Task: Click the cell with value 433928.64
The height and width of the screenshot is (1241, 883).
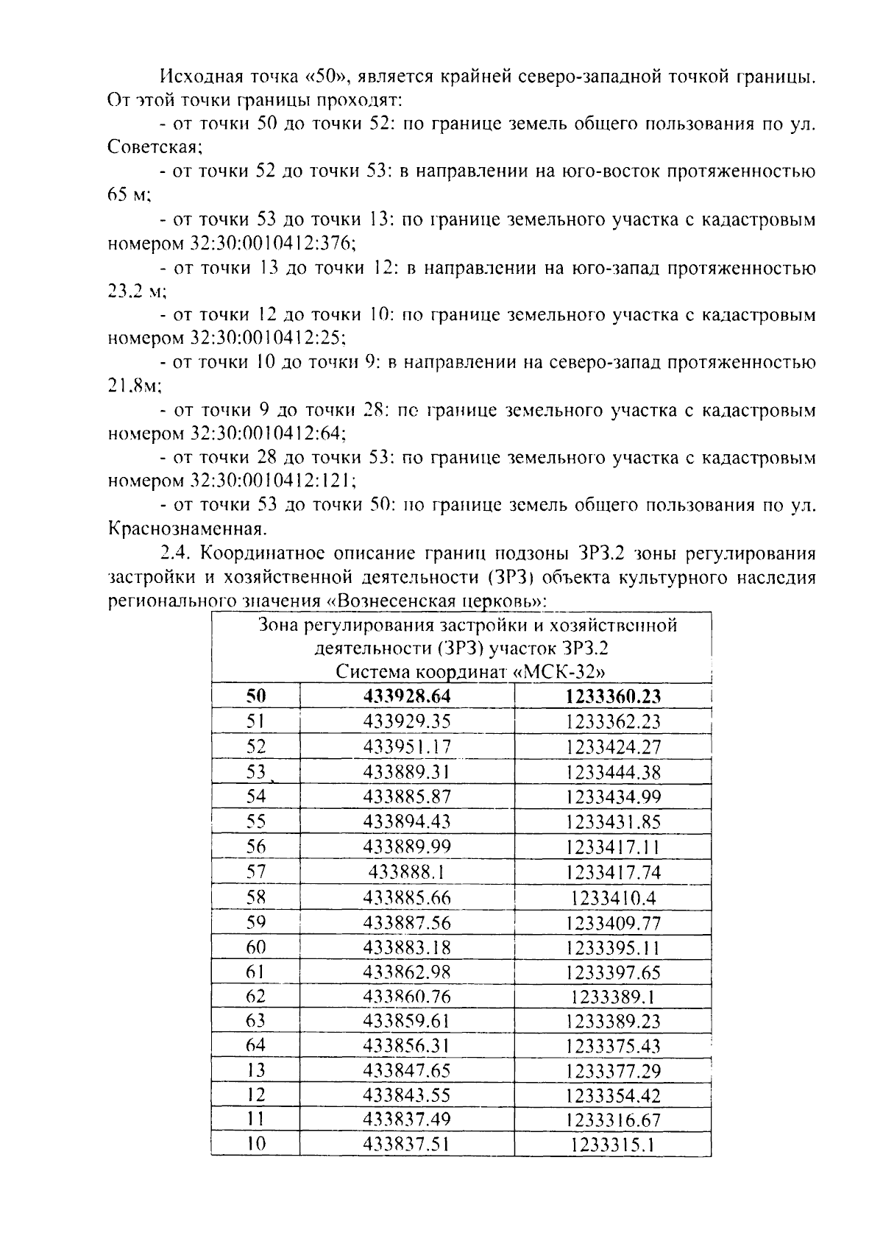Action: pos(407,696)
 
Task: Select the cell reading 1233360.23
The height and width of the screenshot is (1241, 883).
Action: pos(613,696)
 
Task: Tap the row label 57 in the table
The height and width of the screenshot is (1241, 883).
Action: pos(255,872)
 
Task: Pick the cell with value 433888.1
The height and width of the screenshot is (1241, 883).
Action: pos(407,872)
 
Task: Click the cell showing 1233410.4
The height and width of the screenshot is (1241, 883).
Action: pos(613,898)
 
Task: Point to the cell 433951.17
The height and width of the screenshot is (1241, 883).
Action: pos(407,747)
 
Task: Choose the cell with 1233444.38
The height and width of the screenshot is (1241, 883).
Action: pos(613,772)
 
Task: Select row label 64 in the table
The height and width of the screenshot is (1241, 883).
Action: pos(255,1046)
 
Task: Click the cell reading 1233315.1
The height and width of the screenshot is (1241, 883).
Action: pos(613,1145)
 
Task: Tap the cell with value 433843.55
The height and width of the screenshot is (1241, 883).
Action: pos(407,1095)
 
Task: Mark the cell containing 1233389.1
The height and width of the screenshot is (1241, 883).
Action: pos(613,997)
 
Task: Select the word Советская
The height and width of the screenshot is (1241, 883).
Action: pos(154,147)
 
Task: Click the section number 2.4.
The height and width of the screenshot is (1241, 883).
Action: pos(177,553)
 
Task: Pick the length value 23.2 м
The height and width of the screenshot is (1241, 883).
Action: pos(137,291)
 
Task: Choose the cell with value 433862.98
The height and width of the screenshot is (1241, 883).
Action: pos(407,972)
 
